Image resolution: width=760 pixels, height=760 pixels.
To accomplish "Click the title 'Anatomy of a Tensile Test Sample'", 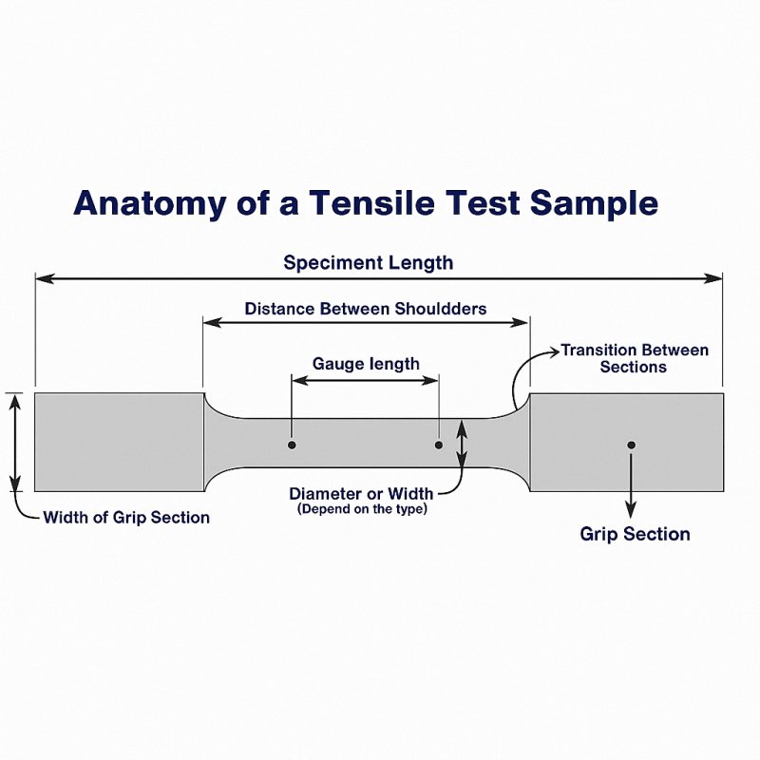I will click(x=366, y=203).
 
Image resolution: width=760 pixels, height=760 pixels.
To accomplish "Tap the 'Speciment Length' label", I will click(x=369, y=262).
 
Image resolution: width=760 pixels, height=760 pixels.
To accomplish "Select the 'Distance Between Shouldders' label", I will click(x=366, y=309).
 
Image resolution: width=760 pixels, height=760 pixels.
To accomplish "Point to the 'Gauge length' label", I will click(x=366, y=363).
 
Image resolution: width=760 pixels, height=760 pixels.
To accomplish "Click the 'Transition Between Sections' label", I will click(x=635, y=358).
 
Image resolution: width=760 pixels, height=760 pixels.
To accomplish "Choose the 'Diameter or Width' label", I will click(x=361, y=493).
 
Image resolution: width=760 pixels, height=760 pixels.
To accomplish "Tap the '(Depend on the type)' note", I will click(x=362, y=509).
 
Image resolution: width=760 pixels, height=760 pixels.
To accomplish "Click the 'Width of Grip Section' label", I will click(x=126, y=518).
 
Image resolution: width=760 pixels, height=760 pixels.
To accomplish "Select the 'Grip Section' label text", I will click(x=635, y=534).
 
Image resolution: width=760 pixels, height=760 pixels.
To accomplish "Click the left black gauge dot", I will click(x=293, y=445).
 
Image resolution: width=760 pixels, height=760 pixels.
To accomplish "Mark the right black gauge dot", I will click(x=439, y=445).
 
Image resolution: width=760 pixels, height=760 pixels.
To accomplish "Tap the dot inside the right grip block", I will click(x=631, y=445).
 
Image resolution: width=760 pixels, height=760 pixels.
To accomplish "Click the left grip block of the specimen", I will click(x=119, y=442).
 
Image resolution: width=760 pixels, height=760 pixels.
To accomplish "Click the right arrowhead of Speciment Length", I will click(x=716, y=278).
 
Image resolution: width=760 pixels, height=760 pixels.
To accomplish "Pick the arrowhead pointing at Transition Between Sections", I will click(x=555, y=351).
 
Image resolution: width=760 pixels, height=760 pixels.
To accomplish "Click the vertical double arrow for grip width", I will click(x=15, y=442).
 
